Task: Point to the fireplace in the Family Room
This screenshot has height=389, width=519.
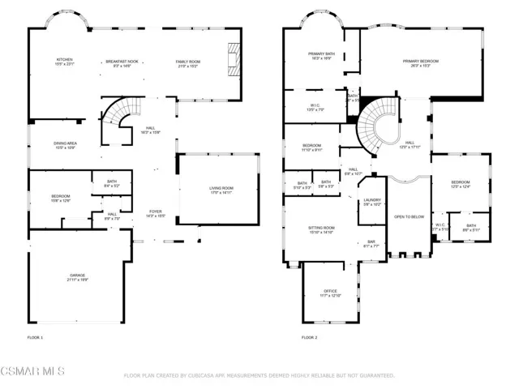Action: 234,58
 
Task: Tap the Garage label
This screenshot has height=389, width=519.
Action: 77,277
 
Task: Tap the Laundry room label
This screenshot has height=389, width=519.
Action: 372,203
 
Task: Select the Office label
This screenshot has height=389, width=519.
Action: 329,293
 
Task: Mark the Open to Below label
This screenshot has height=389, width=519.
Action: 409,216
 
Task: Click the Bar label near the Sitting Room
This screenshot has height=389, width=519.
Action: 371,244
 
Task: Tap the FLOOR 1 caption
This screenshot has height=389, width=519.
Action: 35,337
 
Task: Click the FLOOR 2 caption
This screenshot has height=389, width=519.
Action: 309,337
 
